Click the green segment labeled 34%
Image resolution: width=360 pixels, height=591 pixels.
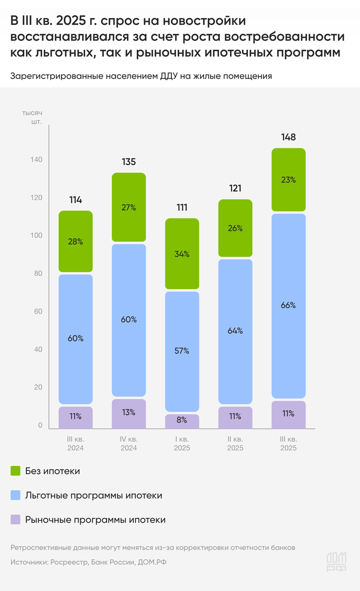182,254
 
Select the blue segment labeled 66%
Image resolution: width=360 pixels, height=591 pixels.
288,306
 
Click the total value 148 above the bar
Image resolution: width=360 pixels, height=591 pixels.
288,137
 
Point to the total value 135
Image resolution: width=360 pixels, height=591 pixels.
129,162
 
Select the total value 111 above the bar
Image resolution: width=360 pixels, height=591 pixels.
182,208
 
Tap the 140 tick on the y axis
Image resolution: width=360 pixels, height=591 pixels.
37,160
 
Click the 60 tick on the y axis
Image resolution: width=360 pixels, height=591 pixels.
37,312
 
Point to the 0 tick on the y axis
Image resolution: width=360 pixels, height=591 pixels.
40,425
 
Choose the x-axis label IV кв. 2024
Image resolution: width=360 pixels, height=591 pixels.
129,443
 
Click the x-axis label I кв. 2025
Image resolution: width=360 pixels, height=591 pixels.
182,443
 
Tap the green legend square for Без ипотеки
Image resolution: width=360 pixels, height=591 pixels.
15,471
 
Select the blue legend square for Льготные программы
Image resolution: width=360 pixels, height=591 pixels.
15,496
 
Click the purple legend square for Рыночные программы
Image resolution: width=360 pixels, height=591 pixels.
15,520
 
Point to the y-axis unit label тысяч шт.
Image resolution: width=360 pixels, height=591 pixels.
34,117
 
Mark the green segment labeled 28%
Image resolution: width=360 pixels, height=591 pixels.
75,241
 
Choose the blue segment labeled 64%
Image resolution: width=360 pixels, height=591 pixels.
235,331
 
